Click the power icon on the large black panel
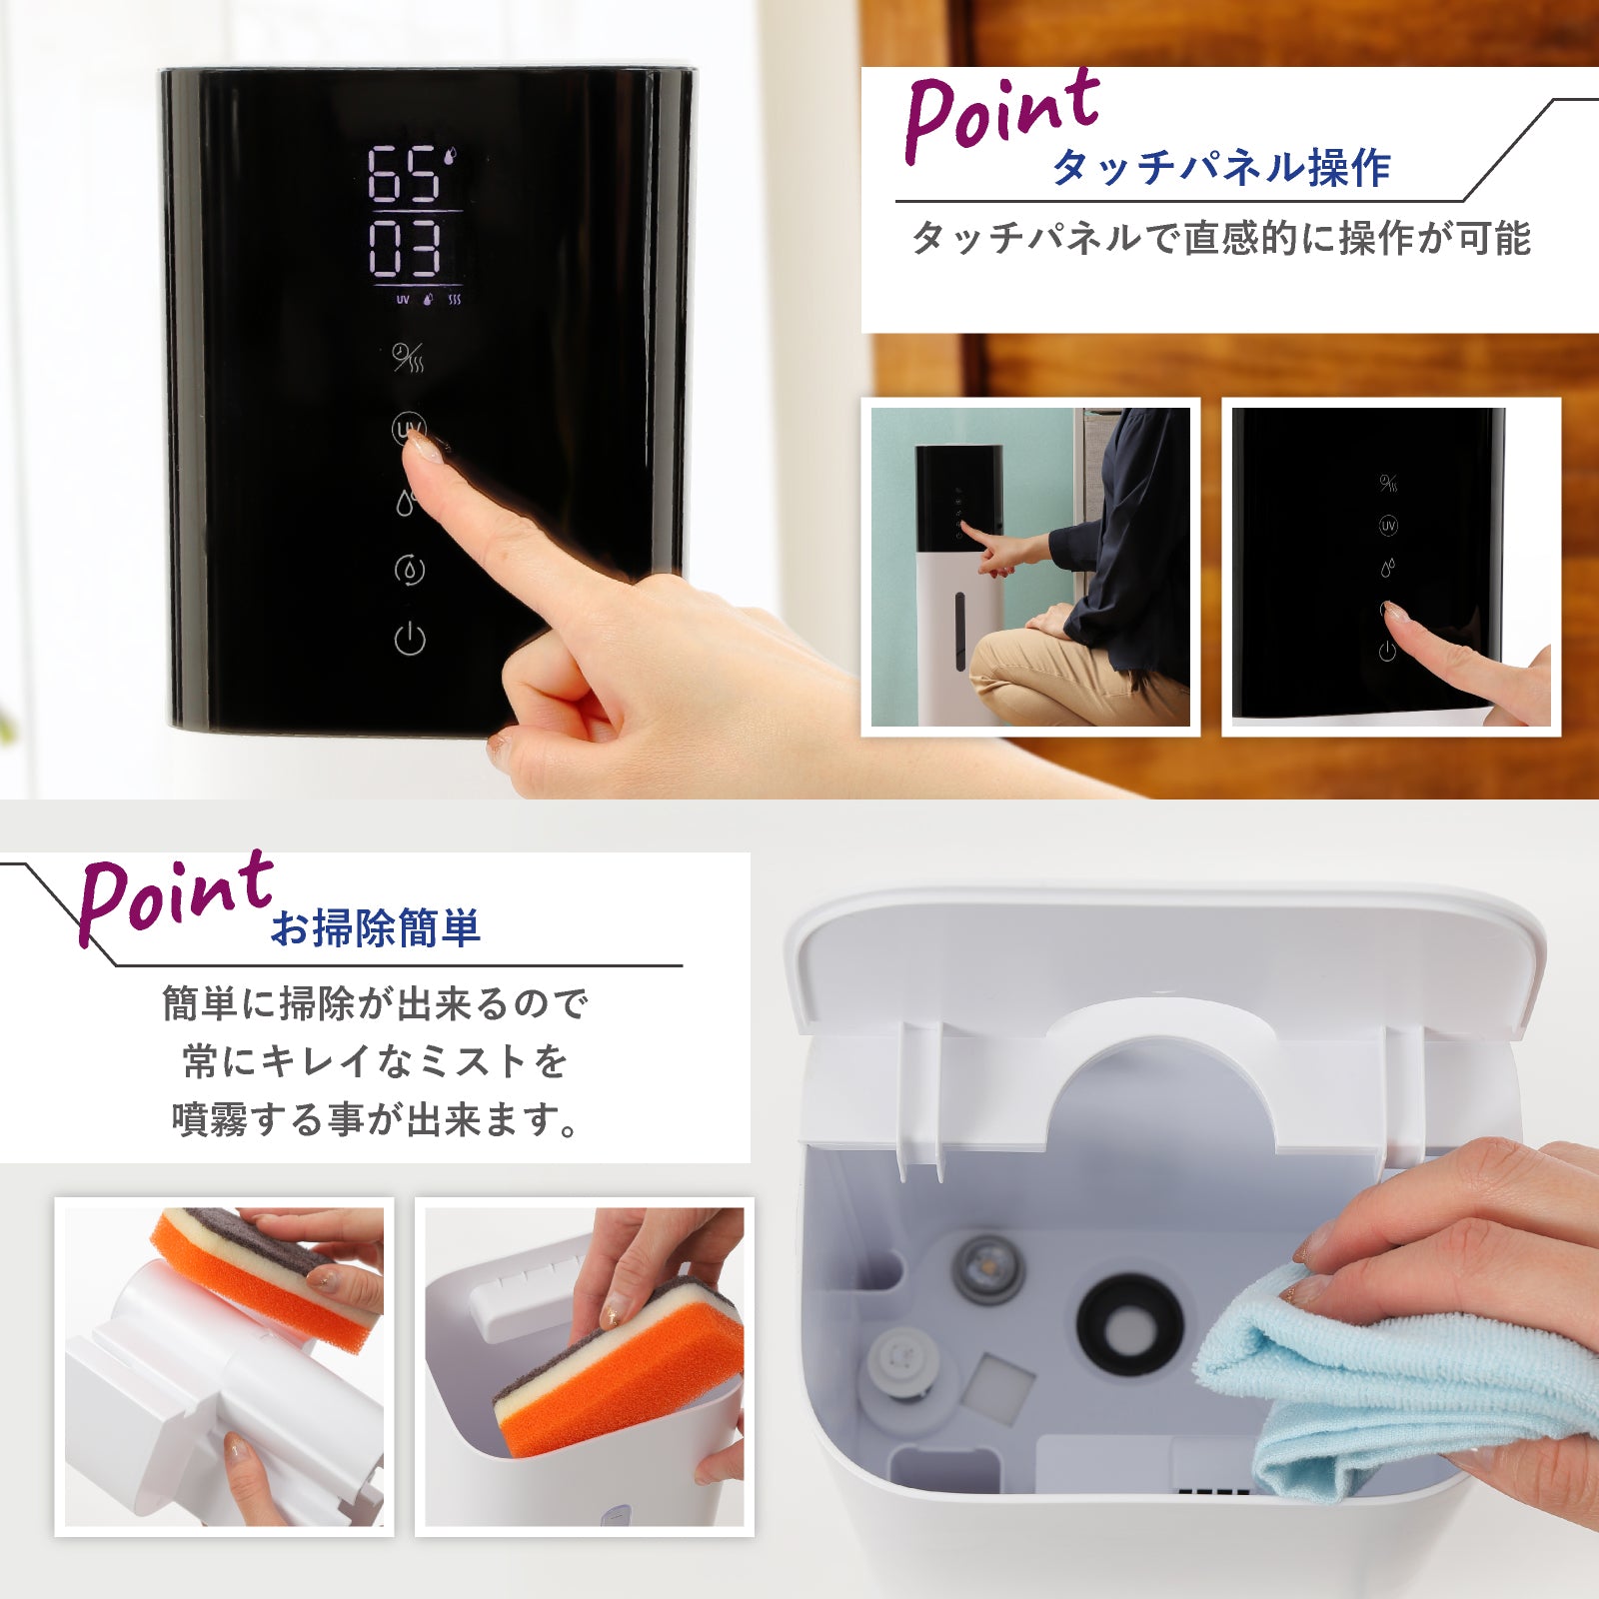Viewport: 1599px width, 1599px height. click(410, 638)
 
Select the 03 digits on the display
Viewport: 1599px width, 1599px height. click(404, 248)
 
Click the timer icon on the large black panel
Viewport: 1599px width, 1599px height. click(408, 357)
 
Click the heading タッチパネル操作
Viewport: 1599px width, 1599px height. click(1221, 168)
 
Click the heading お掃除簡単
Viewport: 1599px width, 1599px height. click(376, 927)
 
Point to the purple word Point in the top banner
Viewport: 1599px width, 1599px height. click(1001, 114)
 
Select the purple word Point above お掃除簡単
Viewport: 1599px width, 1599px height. click(175, 896)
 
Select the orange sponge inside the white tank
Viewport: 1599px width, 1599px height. click(620, 1369)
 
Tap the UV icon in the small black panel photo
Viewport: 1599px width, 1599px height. click(1388, 526)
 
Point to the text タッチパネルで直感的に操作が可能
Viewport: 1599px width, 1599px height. click(1220, 239)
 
